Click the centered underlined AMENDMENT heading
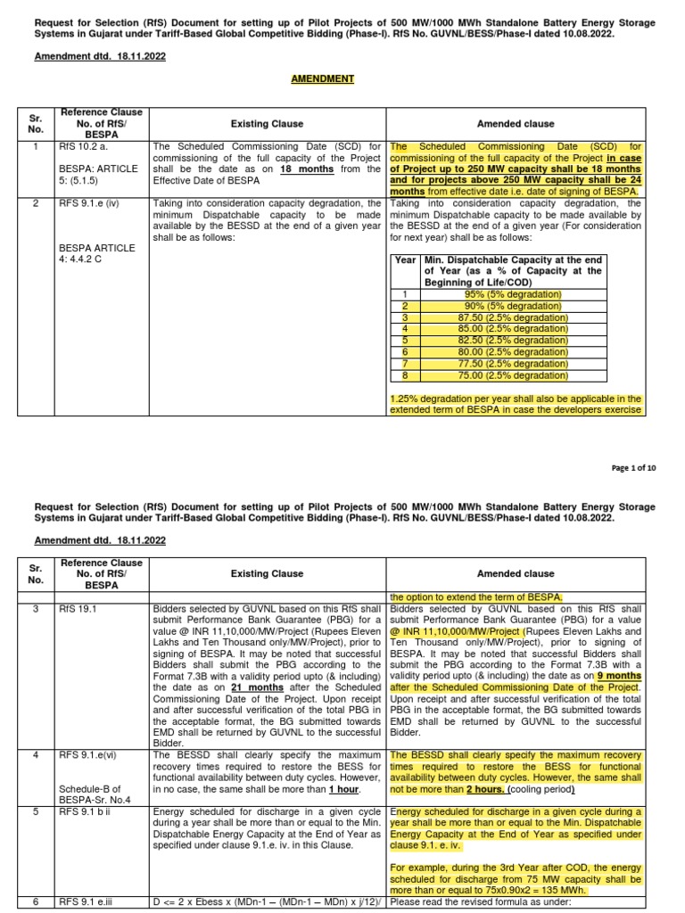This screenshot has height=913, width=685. pos(322,79)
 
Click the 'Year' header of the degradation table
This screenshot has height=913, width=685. pos(406,259)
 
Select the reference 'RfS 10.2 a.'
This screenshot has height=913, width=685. pos(84,145)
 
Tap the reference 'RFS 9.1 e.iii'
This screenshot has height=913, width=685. pos(87,902)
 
